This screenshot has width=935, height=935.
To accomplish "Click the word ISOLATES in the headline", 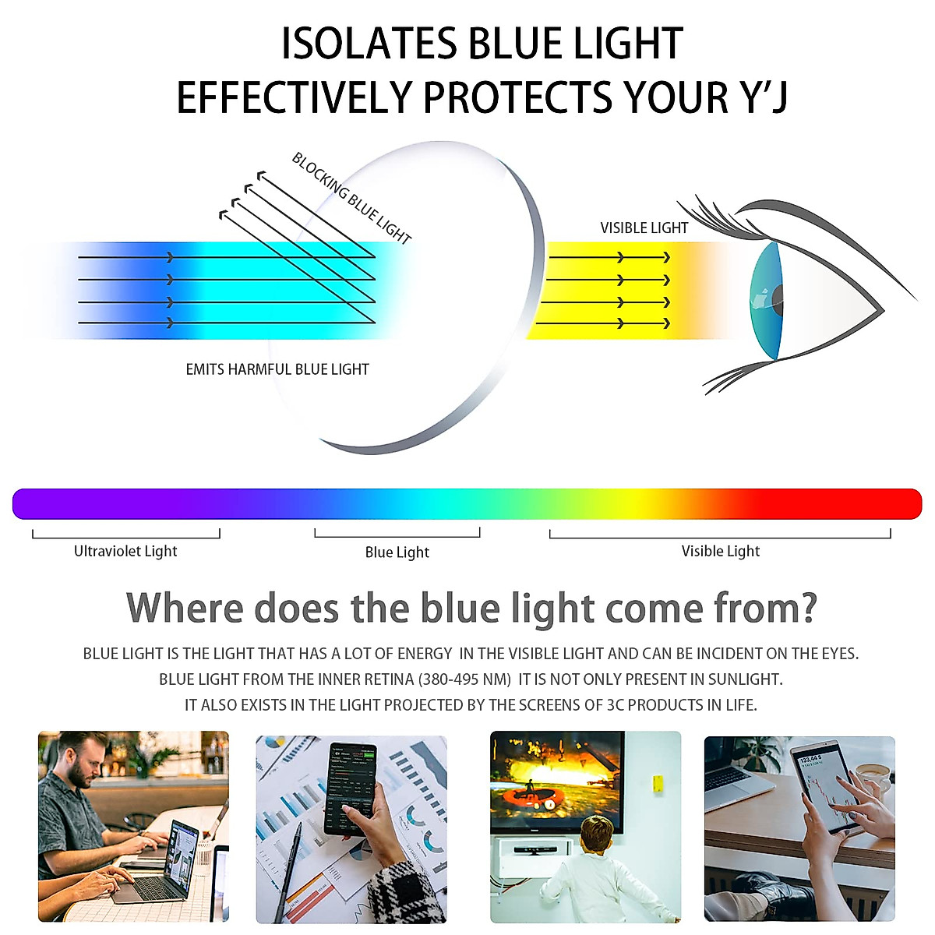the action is tap(369, 44).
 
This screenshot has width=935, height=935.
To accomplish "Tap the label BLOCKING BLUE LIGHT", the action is tap(351, 199).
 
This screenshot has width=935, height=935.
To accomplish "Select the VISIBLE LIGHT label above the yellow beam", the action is tap(644, 228).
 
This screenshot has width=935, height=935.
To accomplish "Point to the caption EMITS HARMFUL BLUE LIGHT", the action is tap(277, 370).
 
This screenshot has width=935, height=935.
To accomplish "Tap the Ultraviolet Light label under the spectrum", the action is tap(125, 552).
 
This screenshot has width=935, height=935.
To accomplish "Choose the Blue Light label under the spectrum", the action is tap(397, 552).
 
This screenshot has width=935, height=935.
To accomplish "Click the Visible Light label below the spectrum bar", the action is tap(721, 552).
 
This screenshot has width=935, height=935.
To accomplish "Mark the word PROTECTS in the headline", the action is tap(517, 97).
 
